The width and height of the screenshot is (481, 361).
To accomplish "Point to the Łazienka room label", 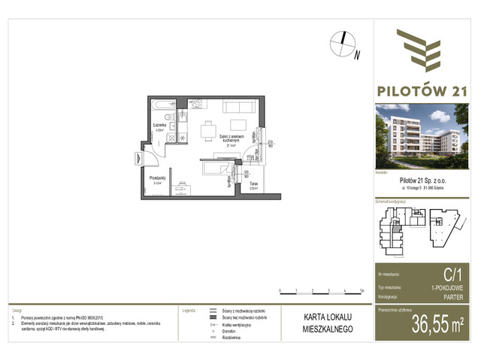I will tap(159, 126).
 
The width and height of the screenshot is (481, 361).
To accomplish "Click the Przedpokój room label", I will tap(158, 179).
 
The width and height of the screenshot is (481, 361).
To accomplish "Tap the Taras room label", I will tap(254, 184).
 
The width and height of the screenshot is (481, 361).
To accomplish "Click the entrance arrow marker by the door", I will tap(139, 159).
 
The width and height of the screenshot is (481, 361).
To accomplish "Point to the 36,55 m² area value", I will tap(436, 325).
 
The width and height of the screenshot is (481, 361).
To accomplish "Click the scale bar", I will tap(320, 292).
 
